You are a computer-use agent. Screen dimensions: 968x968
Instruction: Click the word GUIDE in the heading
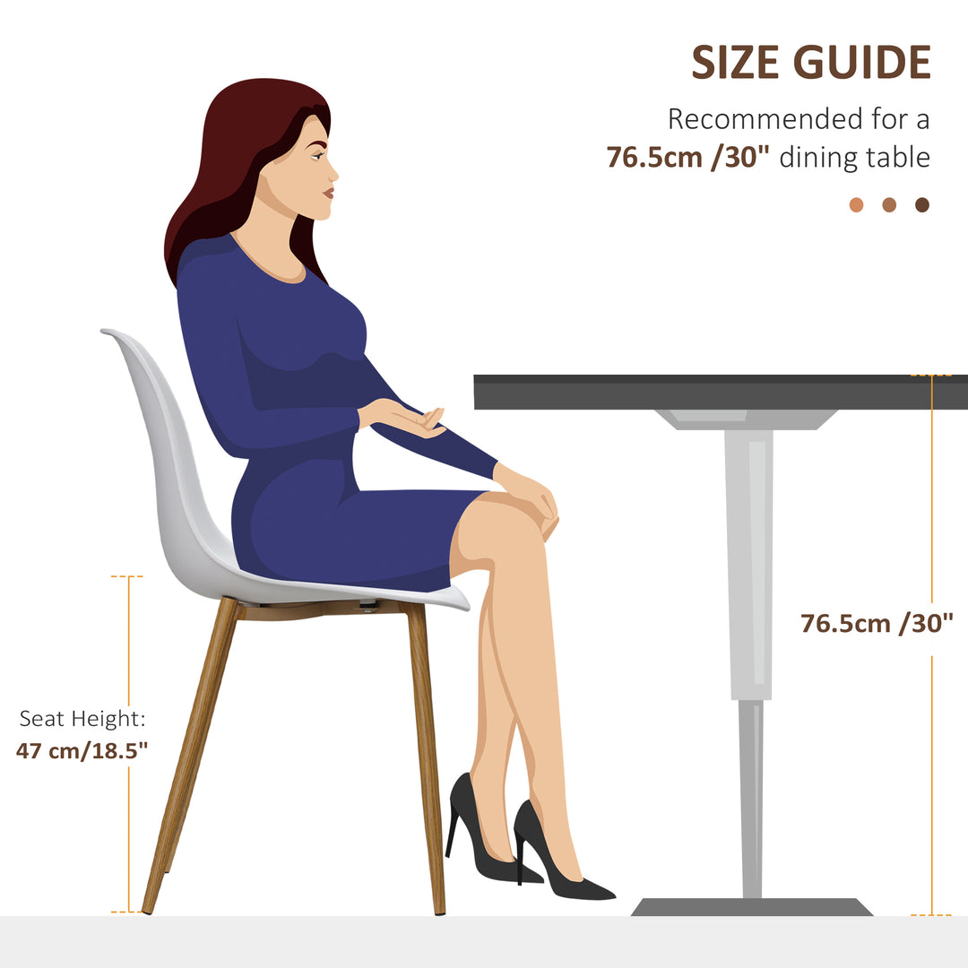click(x=862, y=63)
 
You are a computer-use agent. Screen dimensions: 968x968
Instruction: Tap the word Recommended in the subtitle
click(x=765, y=119)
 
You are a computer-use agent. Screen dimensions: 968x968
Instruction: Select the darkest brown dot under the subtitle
click(x=922, y=205)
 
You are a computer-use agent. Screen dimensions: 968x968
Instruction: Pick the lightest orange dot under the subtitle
click(x=856, y=205)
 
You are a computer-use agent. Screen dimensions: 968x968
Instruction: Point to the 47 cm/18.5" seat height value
click(x=82, y=751)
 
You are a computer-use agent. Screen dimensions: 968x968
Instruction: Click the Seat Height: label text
click(x=82, y=719)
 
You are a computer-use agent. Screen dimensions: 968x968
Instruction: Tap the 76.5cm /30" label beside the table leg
click(x=877, y=623)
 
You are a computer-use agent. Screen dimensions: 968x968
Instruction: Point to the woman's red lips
click(x=329, y=194)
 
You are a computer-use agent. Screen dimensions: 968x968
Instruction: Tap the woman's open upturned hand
click(x=404, y=418)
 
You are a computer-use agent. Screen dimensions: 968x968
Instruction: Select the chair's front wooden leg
click(x=426, y=758)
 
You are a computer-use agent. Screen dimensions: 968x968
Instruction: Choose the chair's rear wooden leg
click(x=190, y=755)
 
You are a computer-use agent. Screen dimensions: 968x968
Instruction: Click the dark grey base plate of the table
click(x=751, y=907)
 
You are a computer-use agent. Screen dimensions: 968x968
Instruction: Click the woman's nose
click(x=333, y=174)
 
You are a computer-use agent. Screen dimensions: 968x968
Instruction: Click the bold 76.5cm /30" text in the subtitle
click(x=687, y=158)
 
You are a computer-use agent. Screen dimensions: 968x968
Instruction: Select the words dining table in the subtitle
click(x=855, y=158)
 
